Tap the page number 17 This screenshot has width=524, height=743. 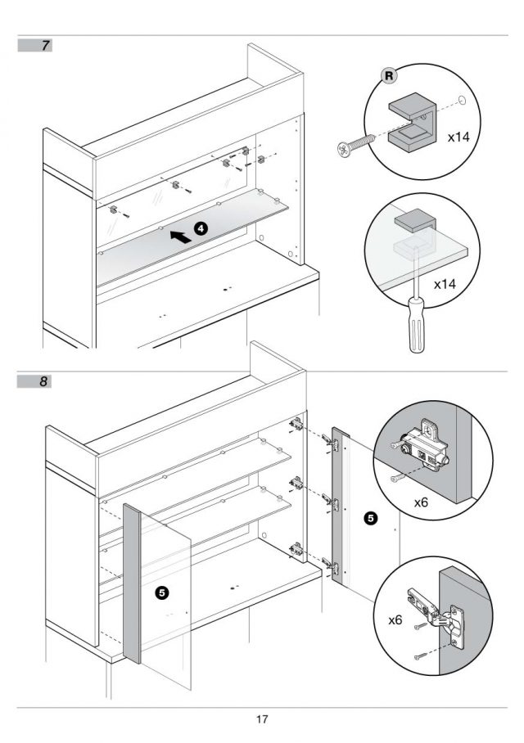[261, 720]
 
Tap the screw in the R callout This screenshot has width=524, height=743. [355, 145]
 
